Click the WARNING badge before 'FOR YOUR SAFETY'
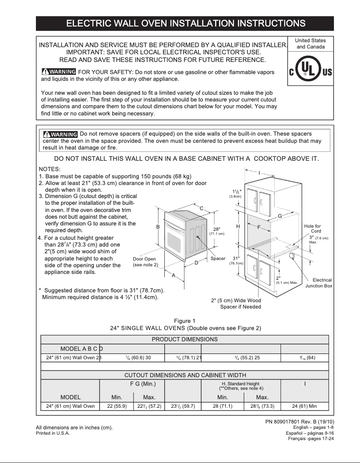[59, 72]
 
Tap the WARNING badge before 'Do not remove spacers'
[61, 134]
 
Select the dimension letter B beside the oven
[158, 227]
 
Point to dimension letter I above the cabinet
[259, 173]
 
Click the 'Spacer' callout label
[218, 259]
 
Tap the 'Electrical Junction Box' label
[319, 283]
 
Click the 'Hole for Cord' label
[312, 229]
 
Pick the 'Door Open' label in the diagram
[145, 259]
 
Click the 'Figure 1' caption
[184, 321]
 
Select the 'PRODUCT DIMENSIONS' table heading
[184, 339]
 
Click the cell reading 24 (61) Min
[304, 406]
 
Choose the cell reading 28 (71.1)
[223, 406]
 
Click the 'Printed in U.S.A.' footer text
[53, 433]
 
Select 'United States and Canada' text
[311, 44]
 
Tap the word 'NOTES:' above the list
[50, 169]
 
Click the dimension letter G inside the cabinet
[280, 216]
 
